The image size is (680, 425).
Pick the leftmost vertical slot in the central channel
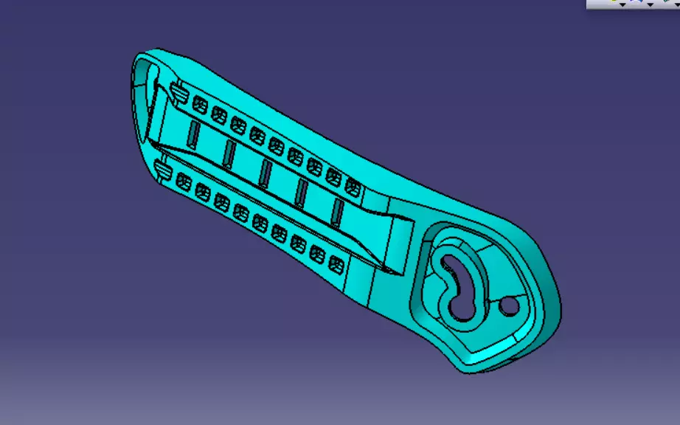click(193, 133)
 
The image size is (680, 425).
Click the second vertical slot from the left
click(229, 153)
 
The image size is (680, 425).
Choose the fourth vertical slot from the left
click(302, 193)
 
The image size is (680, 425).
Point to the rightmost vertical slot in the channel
click(337, 211)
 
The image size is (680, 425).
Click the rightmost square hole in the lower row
click(337, 263)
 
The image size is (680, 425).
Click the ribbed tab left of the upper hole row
click(178, 92)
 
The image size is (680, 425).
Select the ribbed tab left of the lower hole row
click(162, 173)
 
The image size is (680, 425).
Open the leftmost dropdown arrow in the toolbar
click(622, 5)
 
